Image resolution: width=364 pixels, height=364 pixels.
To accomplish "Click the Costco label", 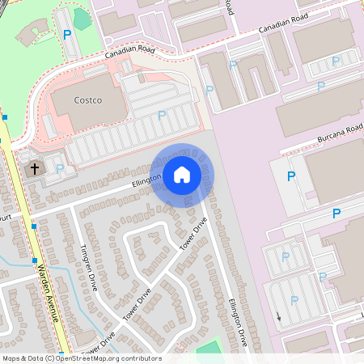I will coord(87,99).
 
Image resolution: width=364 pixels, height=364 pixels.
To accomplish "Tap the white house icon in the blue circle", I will coord(182,174).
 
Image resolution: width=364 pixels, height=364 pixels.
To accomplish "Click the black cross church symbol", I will coord(34,169).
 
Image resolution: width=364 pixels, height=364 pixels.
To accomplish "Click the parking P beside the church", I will coord(60,168).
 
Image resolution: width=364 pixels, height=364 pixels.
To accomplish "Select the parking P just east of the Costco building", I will coord(162,115).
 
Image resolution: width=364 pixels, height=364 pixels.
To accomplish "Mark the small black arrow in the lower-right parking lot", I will coord(278,317).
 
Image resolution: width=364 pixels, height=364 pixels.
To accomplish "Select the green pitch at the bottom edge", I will coord(209,348).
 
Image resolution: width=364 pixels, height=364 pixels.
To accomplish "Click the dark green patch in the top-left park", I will coord(82,17).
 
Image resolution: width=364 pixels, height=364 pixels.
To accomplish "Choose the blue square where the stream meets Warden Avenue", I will coord(35,261).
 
